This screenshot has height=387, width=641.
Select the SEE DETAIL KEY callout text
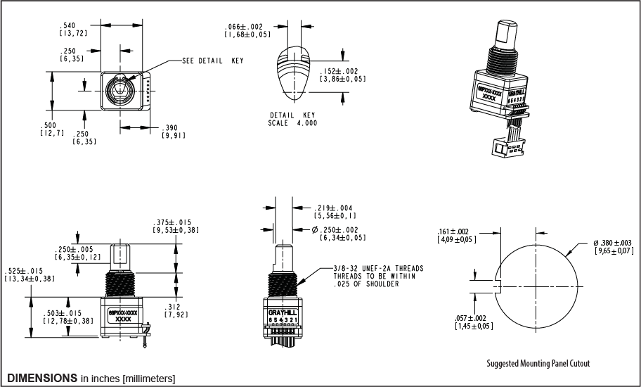coord(212,61)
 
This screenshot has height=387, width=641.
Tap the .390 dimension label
coord(171,128)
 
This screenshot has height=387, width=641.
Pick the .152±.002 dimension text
coord(342,71)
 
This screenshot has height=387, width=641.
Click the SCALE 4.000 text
coord(292,123)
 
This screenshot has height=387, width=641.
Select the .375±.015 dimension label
coord(177,222)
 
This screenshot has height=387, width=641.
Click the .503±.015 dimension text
coord(70,313)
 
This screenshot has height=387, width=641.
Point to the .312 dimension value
coord(174,307)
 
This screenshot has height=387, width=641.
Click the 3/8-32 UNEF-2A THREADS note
coord(379,269)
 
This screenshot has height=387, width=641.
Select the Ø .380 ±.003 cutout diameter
coord(614,243)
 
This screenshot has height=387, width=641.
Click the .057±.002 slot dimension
coord(476,318)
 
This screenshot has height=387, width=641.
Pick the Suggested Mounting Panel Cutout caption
coord(538,364)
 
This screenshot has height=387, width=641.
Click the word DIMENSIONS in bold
coord(42,378)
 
